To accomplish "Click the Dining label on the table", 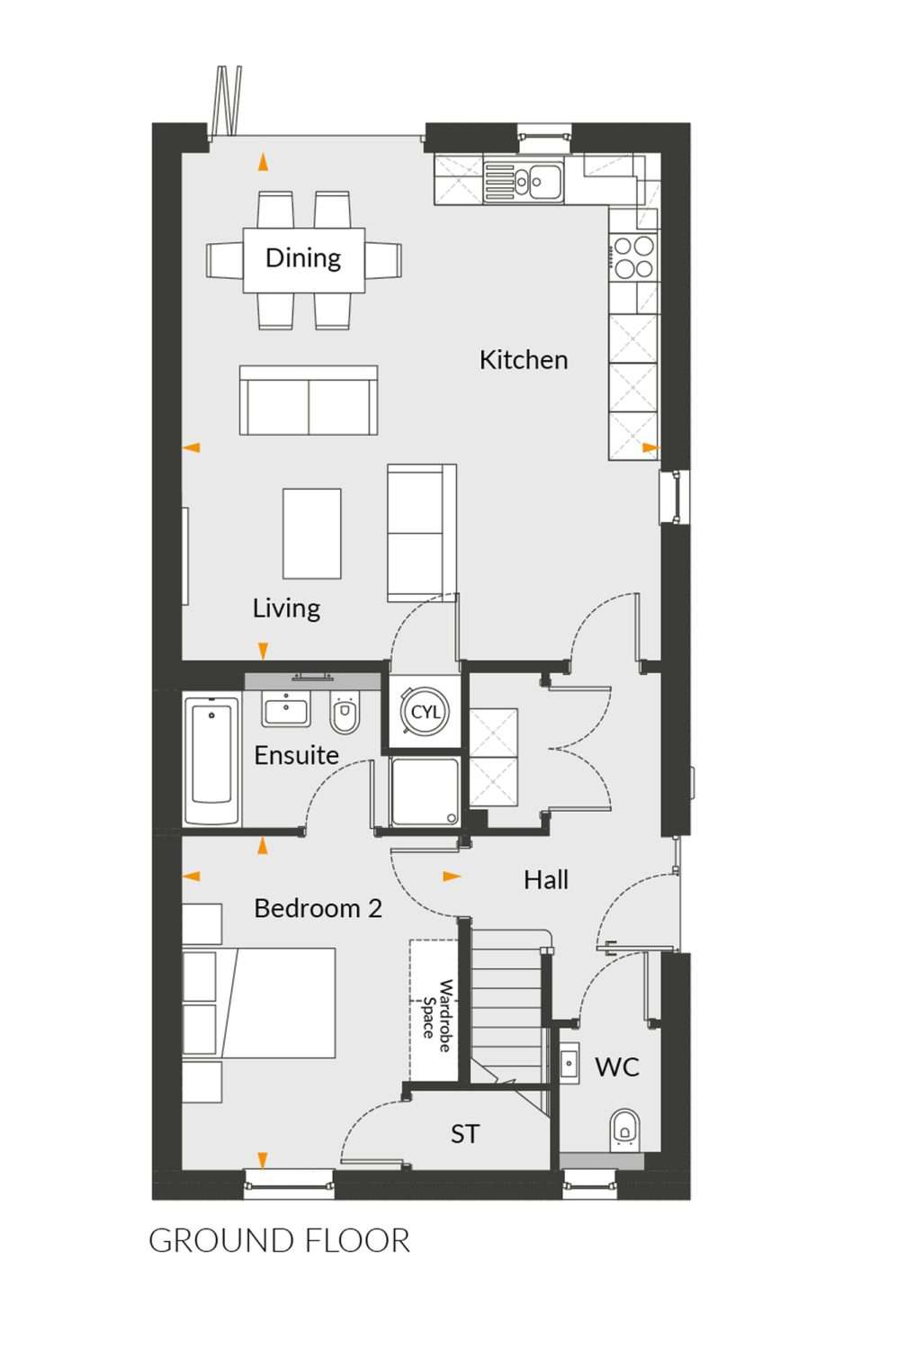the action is click(x=303, y=258).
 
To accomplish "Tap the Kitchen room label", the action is click(x=524, y=360).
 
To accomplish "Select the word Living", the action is click(x=286, y=608).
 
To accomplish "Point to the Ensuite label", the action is click(x=296, y=755).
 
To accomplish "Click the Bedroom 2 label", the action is click(x=318, y=908).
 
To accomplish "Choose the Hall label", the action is click(x=546, y=880).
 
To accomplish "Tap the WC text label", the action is click(x=617, y=1066).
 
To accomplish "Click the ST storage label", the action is click(x=465, y=1134).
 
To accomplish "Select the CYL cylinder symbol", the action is click(x=426, y=712).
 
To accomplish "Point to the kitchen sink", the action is click(x=523, y=179).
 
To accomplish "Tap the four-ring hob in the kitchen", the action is click(x=634, y=257).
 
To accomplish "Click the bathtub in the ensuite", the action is click(x=211, y=761).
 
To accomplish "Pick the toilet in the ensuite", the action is click(x=345, y=712).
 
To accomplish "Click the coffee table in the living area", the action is click(x=312, y=534).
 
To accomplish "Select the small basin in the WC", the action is click(x=570, y=1064).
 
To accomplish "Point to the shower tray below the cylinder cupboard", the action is click(x=424, y=792).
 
